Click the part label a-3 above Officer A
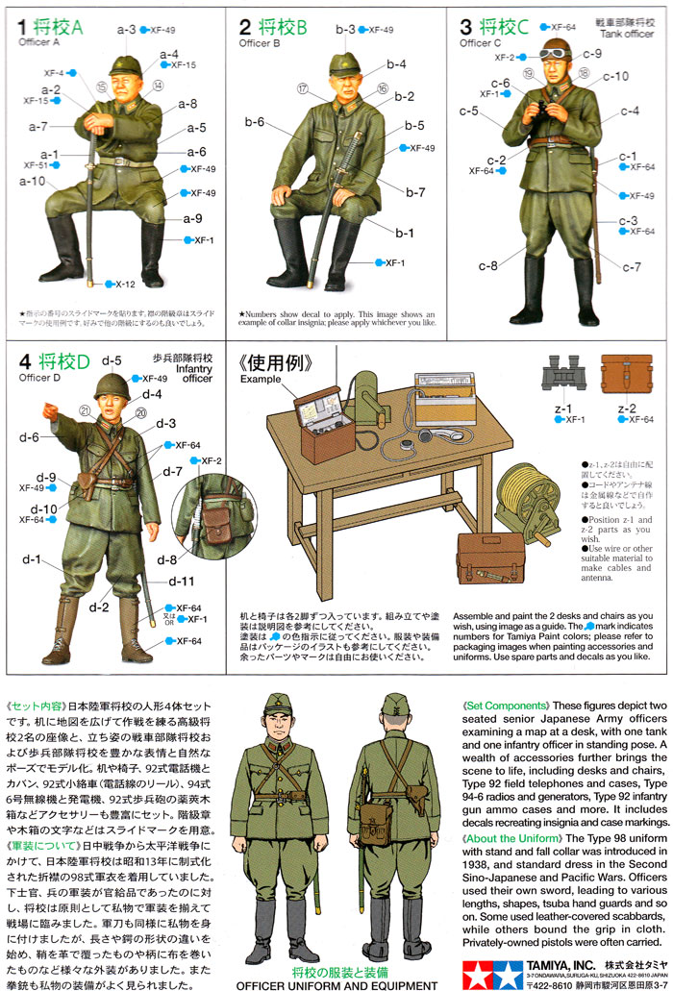click(x=127, y=30)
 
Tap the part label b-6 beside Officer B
click(x=254, y=121)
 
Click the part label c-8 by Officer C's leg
click(x=488, y=265)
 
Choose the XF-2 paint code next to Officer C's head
click(x=506, y=58)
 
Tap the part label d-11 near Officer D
click(x=182, y=581)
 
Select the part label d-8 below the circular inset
click(x=166, y=559)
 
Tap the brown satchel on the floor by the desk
click(x=489, y=558)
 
